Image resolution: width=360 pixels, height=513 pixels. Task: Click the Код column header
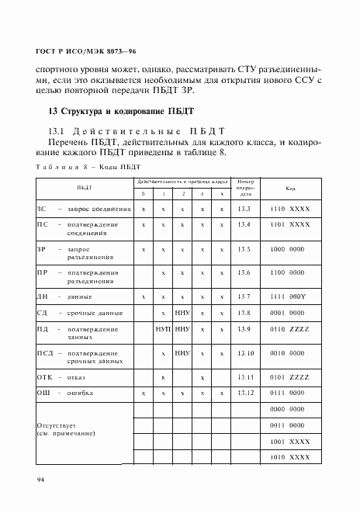pos(290,189)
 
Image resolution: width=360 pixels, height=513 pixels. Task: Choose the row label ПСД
pos(45,354)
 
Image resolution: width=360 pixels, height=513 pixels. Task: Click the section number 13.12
pos(245,393)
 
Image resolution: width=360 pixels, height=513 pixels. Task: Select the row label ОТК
pos(44,377)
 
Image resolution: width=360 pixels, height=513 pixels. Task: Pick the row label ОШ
pos(43,393)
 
